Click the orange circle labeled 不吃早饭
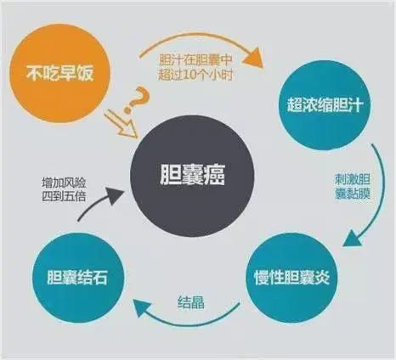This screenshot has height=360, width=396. (59, 74)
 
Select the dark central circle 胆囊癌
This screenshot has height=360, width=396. (192, 175)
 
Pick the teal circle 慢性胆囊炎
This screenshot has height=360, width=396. (292, 278)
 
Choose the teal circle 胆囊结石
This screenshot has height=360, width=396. (78, 278)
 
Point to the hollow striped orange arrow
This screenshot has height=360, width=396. (122, 124)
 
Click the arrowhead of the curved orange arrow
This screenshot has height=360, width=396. (253, 58)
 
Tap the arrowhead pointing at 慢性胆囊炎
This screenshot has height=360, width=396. (353, 239)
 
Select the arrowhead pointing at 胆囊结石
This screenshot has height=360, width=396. (144, 308)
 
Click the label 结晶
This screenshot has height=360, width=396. (190, 302)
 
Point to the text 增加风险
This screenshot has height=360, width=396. (64, 183)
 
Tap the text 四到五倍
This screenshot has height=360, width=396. (64, 196)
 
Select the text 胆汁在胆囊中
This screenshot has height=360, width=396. (195, 60)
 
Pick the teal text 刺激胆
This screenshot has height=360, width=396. (353, 180)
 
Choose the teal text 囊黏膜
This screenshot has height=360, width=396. (353, 194)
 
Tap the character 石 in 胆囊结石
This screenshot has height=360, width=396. (99, 278)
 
